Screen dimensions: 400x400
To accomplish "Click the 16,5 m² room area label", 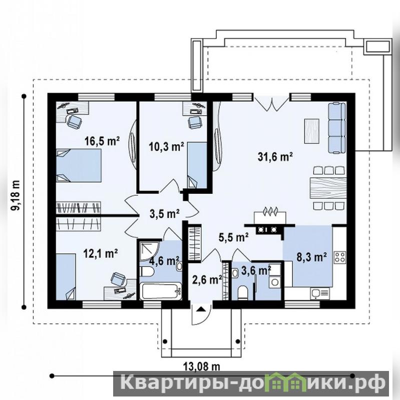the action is point(102,141).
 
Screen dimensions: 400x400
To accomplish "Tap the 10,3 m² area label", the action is point(167,147).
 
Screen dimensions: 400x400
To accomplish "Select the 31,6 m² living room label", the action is point(275,157).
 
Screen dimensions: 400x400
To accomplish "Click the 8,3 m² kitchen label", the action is point(312,257).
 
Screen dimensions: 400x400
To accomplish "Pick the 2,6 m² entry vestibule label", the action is point(207,280).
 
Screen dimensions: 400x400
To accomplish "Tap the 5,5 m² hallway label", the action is point(234,237).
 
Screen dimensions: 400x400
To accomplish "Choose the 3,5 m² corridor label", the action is point(165,214).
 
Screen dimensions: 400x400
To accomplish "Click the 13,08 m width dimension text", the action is point(202,366).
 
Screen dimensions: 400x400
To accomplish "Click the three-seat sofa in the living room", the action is point(337,128).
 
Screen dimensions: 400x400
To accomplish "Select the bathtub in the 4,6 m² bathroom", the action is point(161,291).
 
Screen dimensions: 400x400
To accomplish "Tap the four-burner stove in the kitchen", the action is point(340,257).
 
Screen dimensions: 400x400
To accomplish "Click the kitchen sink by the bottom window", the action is point(320,294).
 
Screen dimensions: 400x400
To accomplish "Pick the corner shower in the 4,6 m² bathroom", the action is point(149,250).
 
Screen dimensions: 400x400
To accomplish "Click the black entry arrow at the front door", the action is point(201,309).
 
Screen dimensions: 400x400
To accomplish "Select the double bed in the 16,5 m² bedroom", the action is point(79,165).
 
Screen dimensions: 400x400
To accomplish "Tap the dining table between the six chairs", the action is point(328,188).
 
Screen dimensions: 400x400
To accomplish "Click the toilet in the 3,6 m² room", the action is point(242,292).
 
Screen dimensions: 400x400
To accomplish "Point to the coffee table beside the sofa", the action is point(311,131).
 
